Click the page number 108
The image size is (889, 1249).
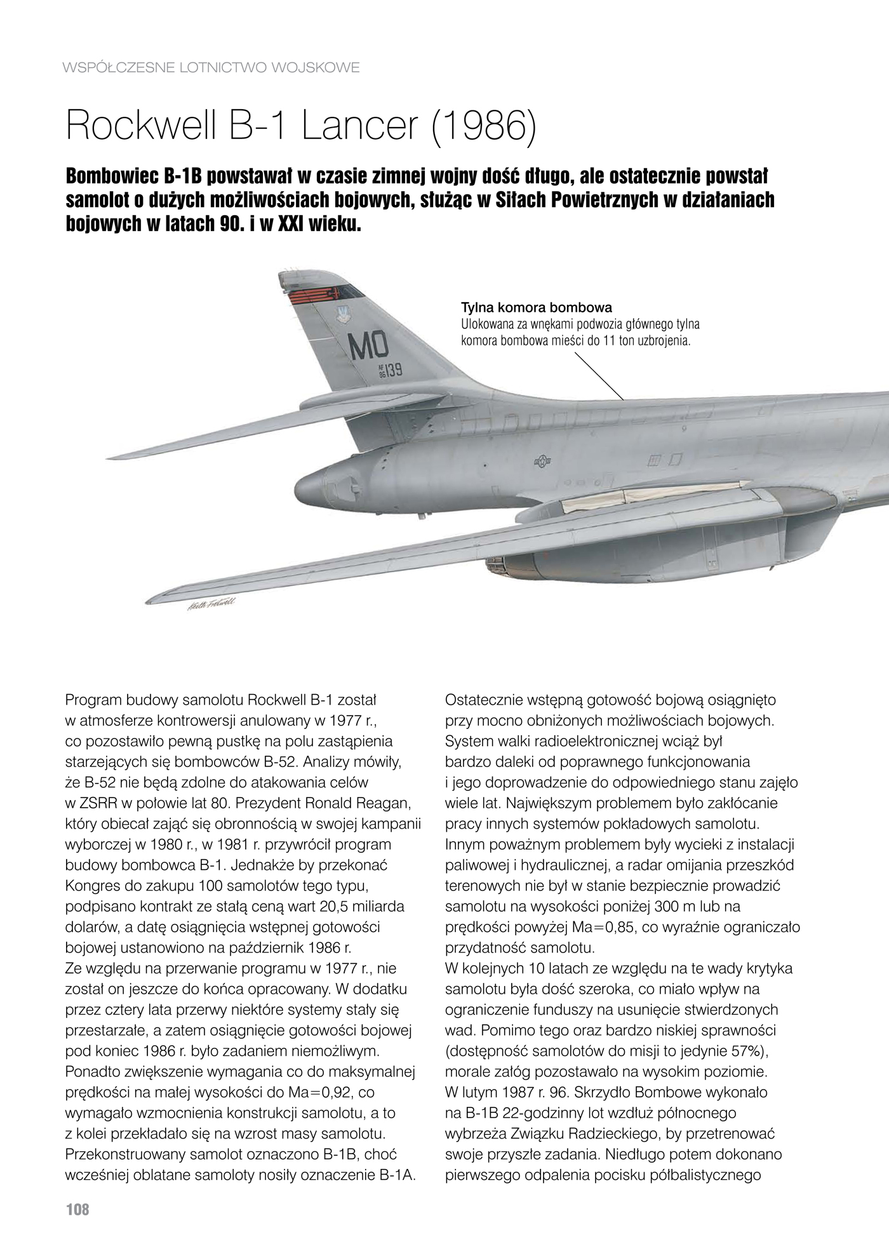click(77, 1210)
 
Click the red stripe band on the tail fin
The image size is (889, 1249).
click(313, 297)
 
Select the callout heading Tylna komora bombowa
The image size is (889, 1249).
click(536, 308)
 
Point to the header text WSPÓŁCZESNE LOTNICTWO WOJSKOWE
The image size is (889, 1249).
click(211, 67)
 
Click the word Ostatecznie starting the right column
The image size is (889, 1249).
click(484, 700)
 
